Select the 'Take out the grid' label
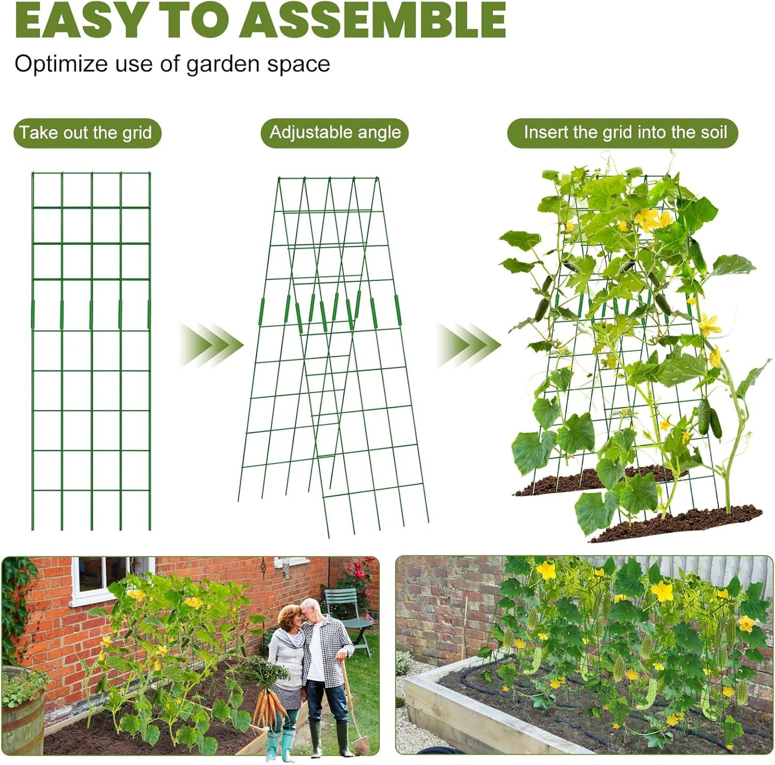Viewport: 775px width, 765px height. (86, 132)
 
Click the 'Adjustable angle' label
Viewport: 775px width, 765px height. (335, 132)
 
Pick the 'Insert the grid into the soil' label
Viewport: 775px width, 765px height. (625, 132)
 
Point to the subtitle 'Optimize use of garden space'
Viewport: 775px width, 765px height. (172, 64)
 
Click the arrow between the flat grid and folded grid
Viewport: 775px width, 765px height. (210, 344)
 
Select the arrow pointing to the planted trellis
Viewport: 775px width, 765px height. (468, 344)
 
